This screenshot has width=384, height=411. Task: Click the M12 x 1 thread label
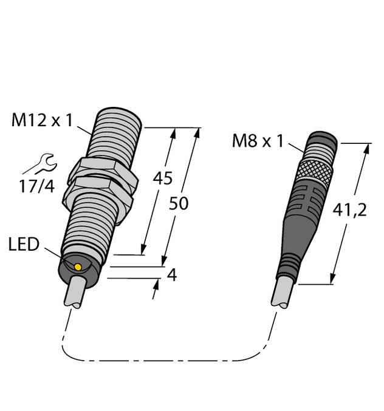42,121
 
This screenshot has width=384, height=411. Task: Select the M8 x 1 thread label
258,141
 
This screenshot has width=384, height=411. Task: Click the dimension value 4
171,275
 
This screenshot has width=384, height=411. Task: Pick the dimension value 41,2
351,211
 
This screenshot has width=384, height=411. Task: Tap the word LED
24,245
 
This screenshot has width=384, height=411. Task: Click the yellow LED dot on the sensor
78,267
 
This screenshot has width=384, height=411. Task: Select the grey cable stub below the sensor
78,293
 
